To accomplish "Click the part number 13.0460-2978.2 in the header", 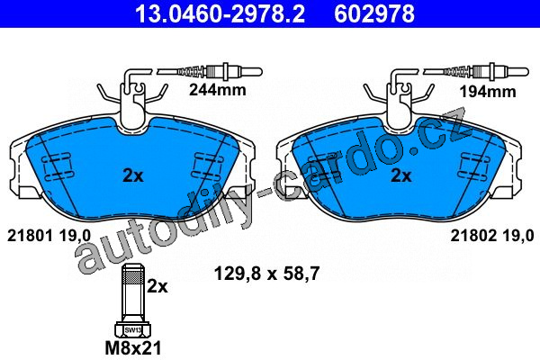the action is tap(220, 14).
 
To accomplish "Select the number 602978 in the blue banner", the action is tap(374, 14).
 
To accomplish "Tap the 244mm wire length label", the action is tap(218, 90).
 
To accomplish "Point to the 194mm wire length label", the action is tap(488, 92).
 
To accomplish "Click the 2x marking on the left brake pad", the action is tap(133, 176).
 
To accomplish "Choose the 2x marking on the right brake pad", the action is tap(400, 176).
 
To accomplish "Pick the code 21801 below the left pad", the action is tap(30, 236).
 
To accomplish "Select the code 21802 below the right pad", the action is tap(473, 236).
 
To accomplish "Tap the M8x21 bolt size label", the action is tap(133, 348).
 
